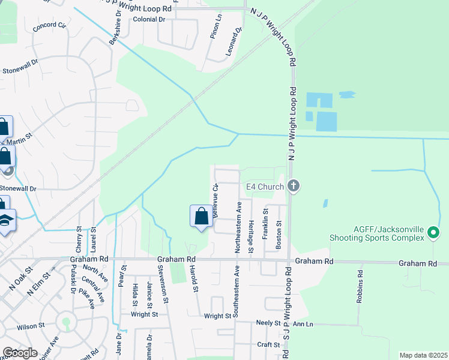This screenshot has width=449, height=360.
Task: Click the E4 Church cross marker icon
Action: (x=294, y=186)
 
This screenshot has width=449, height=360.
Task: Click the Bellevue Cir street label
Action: (x=215, y=201)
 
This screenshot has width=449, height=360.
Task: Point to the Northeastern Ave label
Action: (x=238, y=221)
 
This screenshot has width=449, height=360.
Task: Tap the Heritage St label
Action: (x=251, y=225)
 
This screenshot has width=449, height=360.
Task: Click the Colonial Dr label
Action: (x=149, y=20)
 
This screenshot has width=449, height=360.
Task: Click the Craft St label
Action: (x=268, y=344)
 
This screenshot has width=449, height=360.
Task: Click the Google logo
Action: (x=20, y=353)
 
